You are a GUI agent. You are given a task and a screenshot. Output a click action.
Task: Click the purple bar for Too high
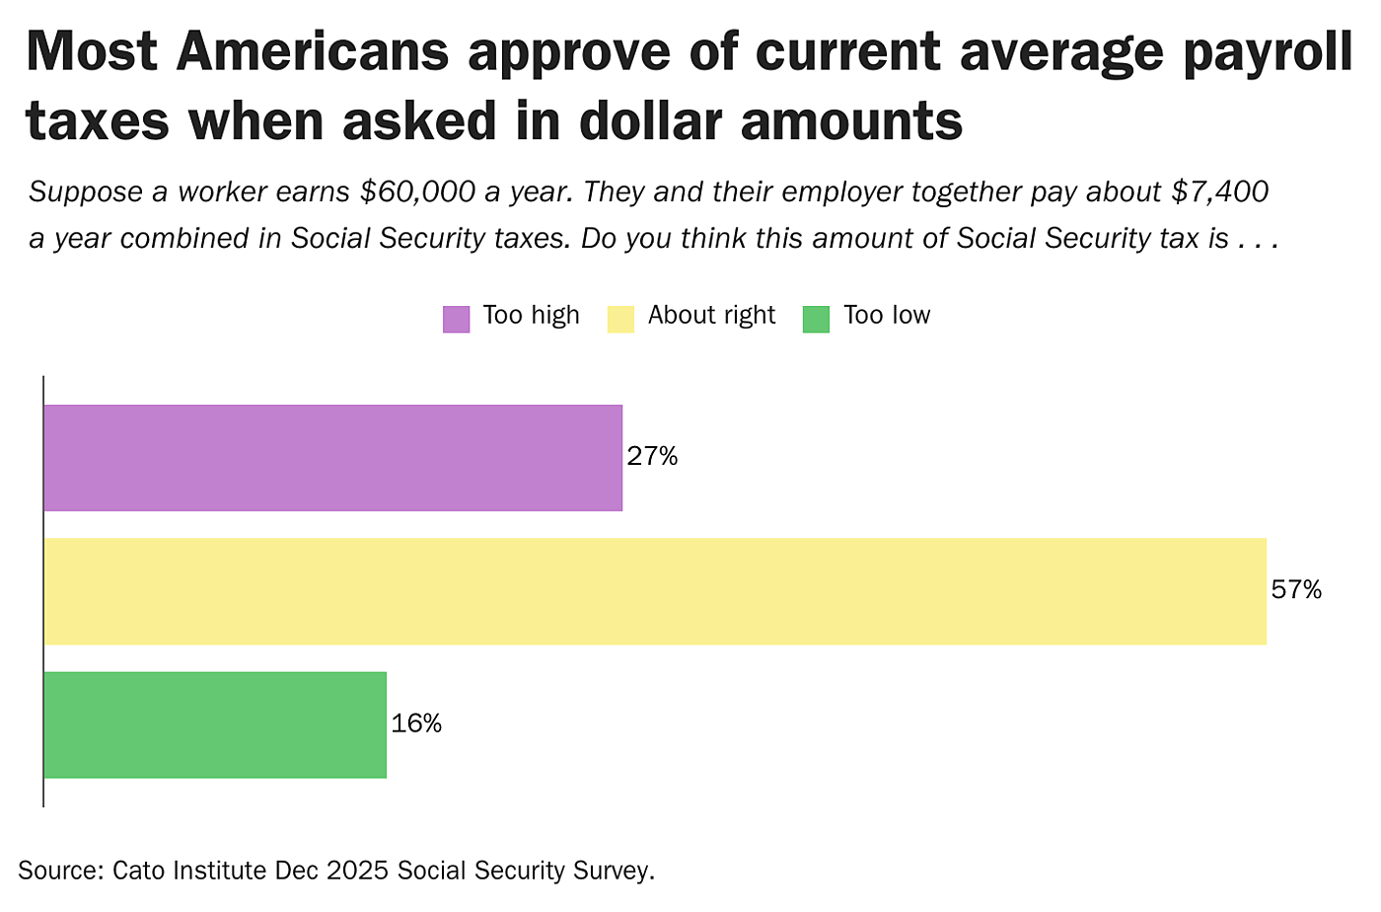[x=332, y=458]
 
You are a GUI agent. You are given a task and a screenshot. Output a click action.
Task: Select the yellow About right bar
[x=655, y=591]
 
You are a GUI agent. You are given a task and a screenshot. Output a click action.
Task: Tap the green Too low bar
[x=215, y=725]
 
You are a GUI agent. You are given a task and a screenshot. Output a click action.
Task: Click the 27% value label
[x=652, y=457]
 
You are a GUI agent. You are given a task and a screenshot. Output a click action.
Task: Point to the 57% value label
[x=1296, y=590]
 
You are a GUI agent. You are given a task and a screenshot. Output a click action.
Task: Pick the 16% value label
[x=416, y=724]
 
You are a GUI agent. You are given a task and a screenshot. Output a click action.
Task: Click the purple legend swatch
[x=456, y=319]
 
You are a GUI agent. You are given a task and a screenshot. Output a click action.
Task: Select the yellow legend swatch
[x=620, y=319]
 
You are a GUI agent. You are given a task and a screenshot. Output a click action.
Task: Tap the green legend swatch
[x=816, y=319]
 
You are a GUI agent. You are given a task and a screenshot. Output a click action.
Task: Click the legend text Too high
[x=531, y=316]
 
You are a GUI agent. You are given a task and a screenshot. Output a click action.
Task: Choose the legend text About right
[x=711, y=316]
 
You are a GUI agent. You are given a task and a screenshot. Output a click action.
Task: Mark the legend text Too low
[x=887, y=316]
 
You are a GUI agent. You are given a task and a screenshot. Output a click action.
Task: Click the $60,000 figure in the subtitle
[x=417, y=191]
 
